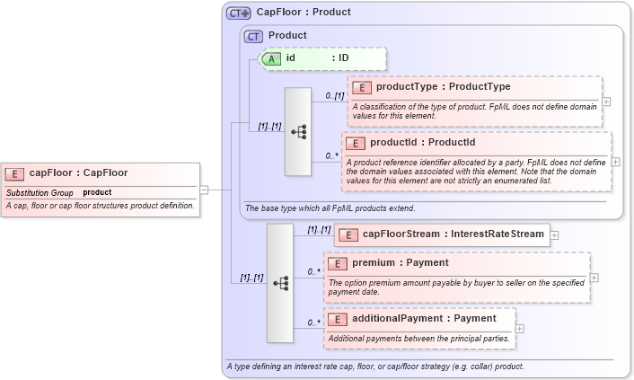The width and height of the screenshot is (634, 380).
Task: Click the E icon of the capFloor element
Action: click(x=15, y=173)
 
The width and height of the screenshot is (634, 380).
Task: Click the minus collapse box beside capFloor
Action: click(x=204, y=190)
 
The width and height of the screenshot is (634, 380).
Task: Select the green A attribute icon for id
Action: click(x=271, y=58)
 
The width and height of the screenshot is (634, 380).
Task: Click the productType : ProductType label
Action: click(x=443, y=87)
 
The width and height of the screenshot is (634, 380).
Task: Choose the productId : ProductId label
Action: click(x=422, y=142)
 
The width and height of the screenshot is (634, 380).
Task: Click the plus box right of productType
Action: click(x=606, y=101)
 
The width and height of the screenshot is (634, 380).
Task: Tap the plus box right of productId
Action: click(x=615, y=162)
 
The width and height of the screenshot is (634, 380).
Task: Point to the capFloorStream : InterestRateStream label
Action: click(x=453, y=234)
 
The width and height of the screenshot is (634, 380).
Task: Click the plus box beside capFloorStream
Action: click(x=554, y=235)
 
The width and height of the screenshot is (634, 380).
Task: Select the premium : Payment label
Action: click(x=400, y=263)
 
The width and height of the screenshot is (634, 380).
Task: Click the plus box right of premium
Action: click(x=594, y=277)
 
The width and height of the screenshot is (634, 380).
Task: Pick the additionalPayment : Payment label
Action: click(x=424, y=318)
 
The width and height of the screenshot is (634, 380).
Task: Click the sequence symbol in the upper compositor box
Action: click(x=298, y=131)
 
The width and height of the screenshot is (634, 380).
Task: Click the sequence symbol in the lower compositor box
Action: click(x=280, y=283)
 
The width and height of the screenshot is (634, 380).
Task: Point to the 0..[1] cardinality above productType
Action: click(x=334, y=95)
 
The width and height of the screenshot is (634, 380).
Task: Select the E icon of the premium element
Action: click(x=337, y=264)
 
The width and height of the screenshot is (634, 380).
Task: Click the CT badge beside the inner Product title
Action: click(x=254, y=36)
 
